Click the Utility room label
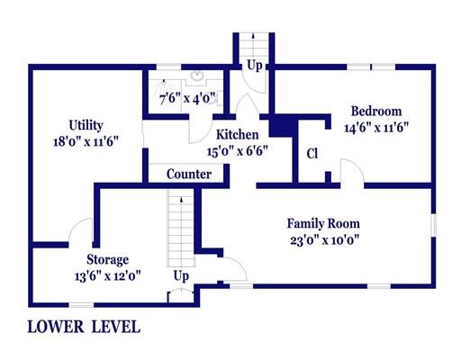coord(86,125)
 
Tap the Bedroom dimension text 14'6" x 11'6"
coord(376,128)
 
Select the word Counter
coord(189,174)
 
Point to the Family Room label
coord(323,223)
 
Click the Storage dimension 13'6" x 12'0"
coord(108,276)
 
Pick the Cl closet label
coord(312,154)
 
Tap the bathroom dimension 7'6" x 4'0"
coord(187,98)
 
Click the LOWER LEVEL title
coord(84,327)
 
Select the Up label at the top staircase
coord(255,66)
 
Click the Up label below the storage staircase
coord(181,276)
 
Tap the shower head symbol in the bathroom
coord(164,81)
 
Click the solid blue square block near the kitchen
coord(281,127)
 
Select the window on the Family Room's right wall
coord(433,225)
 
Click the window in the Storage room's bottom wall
coord(81,305)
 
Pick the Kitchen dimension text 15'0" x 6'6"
coord(237,151)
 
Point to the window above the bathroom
coord(168,67)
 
